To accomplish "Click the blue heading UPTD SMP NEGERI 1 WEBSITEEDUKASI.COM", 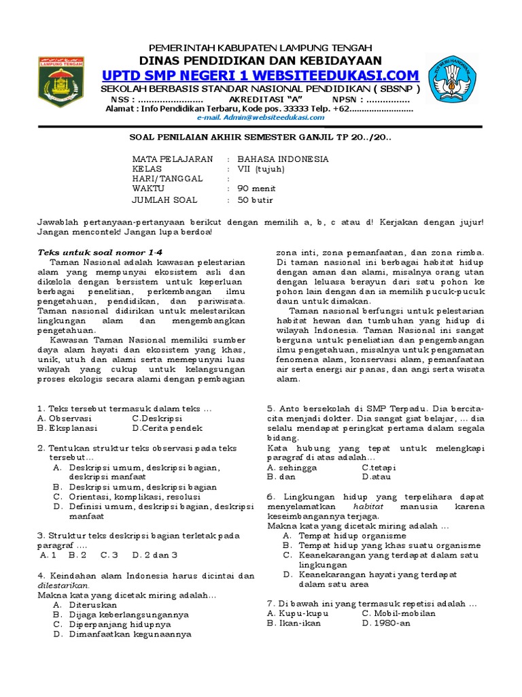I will point(260,74).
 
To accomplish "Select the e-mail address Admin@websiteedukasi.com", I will point(260,117).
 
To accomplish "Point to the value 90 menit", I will point(256,189).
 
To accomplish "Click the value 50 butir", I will point(256,200).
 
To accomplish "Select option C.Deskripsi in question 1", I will point(157,419).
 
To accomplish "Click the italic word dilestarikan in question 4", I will point(63,585).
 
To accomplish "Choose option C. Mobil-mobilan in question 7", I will point(398,613).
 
